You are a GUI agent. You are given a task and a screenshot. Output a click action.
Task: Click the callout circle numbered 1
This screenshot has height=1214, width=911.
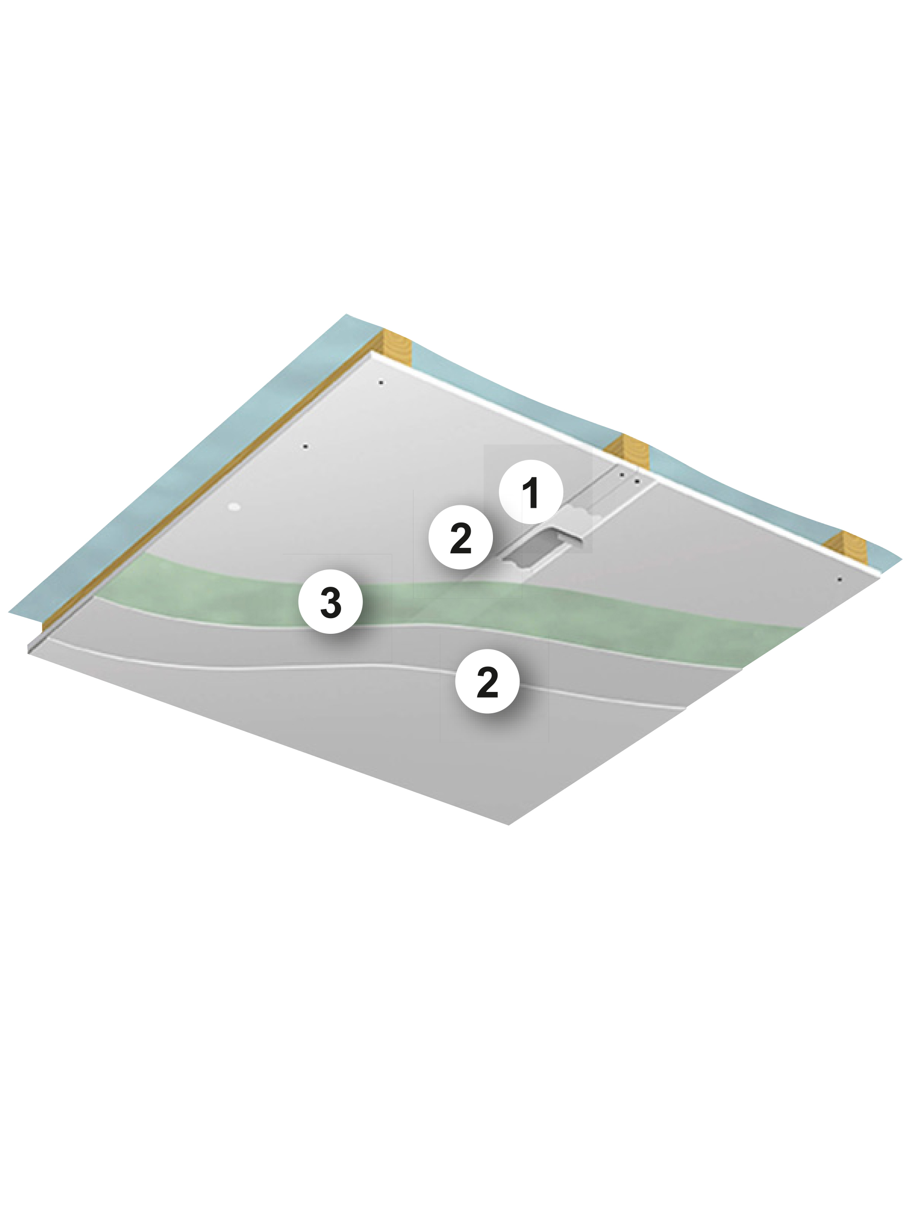[x=530, y=492]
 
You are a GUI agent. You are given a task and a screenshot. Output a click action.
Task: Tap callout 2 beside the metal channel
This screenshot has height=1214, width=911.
[x=460, y=537]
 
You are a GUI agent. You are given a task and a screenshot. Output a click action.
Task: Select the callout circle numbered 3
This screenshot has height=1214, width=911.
[x=330, y=601]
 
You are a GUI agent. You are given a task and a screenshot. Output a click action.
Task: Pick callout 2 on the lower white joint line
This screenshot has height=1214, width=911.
[x=487, y=682]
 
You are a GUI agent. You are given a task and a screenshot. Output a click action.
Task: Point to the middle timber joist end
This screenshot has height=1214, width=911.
[x=628, y=451]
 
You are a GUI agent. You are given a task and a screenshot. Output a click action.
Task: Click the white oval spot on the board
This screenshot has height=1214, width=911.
[x=234, y=506]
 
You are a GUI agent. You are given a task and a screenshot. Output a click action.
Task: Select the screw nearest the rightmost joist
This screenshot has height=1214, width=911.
[x=839, y=580]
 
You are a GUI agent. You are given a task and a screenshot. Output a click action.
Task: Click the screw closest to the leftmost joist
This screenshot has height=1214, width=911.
[x=381, y=382]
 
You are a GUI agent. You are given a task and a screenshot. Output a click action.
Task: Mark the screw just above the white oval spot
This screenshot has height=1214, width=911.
[x=305, y=447]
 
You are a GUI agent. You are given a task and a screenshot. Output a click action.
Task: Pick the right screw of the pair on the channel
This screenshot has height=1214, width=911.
[x=637, y=482]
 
